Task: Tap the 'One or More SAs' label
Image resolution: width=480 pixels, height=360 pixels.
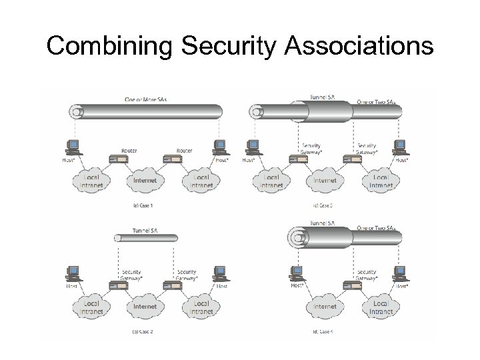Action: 145,99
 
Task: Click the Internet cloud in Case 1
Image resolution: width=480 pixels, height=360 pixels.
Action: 146,180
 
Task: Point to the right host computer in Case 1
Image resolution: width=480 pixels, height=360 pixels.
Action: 219,146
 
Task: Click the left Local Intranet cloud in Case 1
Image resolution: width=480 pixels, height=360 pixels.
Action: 91,181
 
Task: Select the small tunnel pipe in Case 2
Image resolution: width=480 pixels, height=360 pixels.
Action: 146,237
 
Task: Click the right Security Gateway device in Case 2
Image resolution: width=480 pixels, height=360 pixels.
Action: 175,286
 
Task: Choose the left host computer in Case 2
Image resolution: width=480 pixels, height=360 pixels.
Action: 73,273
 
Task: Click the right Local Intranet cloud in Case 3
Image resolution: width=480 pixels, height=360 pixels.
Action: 381,181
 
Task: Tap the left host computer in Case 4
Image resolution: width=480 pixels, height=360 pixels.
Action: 297,273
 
